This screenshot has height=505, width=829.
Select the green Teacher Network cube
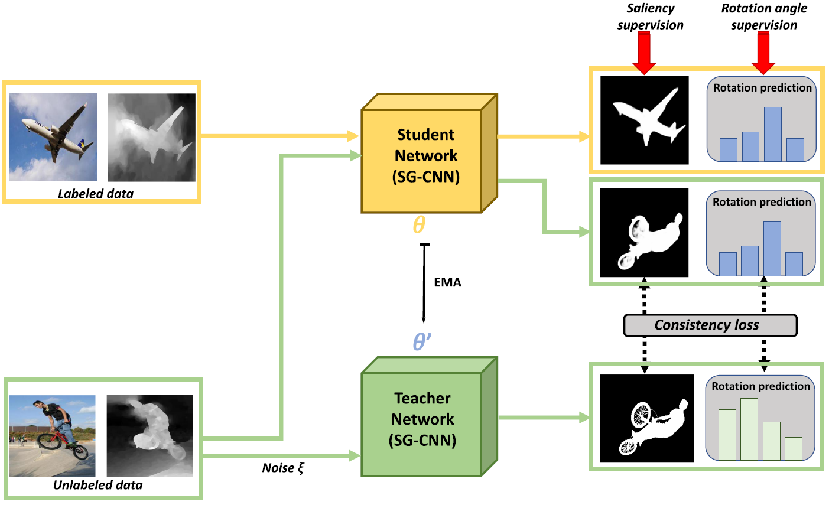422,419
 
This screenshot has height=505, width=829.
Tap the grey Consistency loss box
710,325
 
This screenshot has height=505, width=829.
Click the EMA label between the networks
447,282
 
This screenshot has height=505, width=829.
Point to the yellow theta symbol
418,225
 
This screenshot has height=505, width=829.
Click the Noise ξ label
282,468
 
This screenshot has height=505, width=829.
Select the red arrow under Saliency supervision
643,53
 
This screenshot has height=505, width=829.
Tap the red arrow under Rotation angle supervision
763,53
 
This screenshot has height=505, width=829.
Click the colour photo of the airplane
53,137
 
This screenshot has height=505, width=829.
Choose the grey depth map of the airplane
151,137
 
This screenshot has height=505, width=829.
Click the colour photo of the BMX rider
52,435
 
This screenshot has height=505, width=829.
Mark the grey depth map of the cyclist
149,435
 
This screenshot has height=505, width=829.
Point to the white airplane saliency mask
645,120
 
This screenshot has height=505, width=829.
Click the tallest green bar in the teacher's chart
749,429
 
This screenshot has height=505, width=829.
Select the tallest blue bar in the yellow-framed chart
773,134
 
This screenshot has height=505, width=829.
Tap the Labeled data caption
96,194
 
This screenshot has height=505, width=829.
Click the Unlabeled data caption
98,486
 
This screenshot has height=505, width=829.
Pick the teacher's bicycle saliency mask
646,418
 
